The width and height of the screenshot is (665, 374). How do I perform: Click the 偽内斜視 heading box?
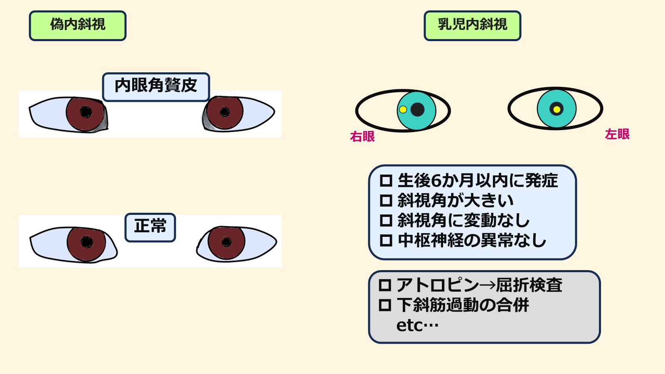[78, 26]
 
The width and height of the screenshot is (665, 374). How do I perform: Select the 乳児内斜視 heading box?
[472, 26]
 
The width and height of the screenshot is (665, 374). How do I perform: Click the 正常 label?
[150, 227]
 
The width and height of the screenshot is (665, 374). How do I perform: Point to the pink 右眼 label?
[362, 136]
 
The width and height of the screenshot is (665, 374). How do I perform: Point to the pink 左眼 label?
[617, 134]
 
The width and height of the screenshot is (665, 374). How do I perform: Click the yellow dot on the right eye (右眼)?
[403, 110]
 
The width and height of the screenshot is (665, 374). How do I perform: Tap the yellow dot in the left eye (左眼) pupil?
[557, 110]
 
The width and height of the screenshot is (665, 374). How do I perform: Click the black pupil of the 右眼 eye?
[417, 110]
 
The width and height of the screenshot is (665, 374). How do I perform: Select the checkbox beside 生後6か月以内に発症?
[386, 181]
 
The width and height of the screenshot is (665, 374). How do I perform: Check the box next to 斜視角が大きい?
[386, 201]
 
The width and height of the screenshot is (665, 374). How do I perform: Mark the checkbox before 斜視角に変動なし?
[386, 220]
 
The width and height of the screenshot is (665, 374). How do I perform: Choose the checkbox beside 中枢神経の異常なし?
[386, 240]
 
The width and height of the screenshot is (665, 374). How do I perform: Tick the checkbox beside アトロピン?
[385, 285]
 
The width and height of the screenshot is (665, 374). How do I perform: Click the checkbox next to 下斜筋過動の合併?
[385, 305]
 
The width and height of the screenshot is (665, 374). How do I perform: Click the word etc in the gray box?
[409, 325]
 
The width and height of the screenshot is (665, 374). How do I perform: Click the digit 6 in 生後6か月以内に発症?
[436, 181]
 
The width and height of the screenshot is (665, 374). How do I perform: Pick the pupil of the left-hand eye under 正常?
[86, 242]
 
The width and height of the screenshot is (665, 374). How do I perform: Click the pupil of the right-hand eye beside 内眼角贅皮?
[224, 112]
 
